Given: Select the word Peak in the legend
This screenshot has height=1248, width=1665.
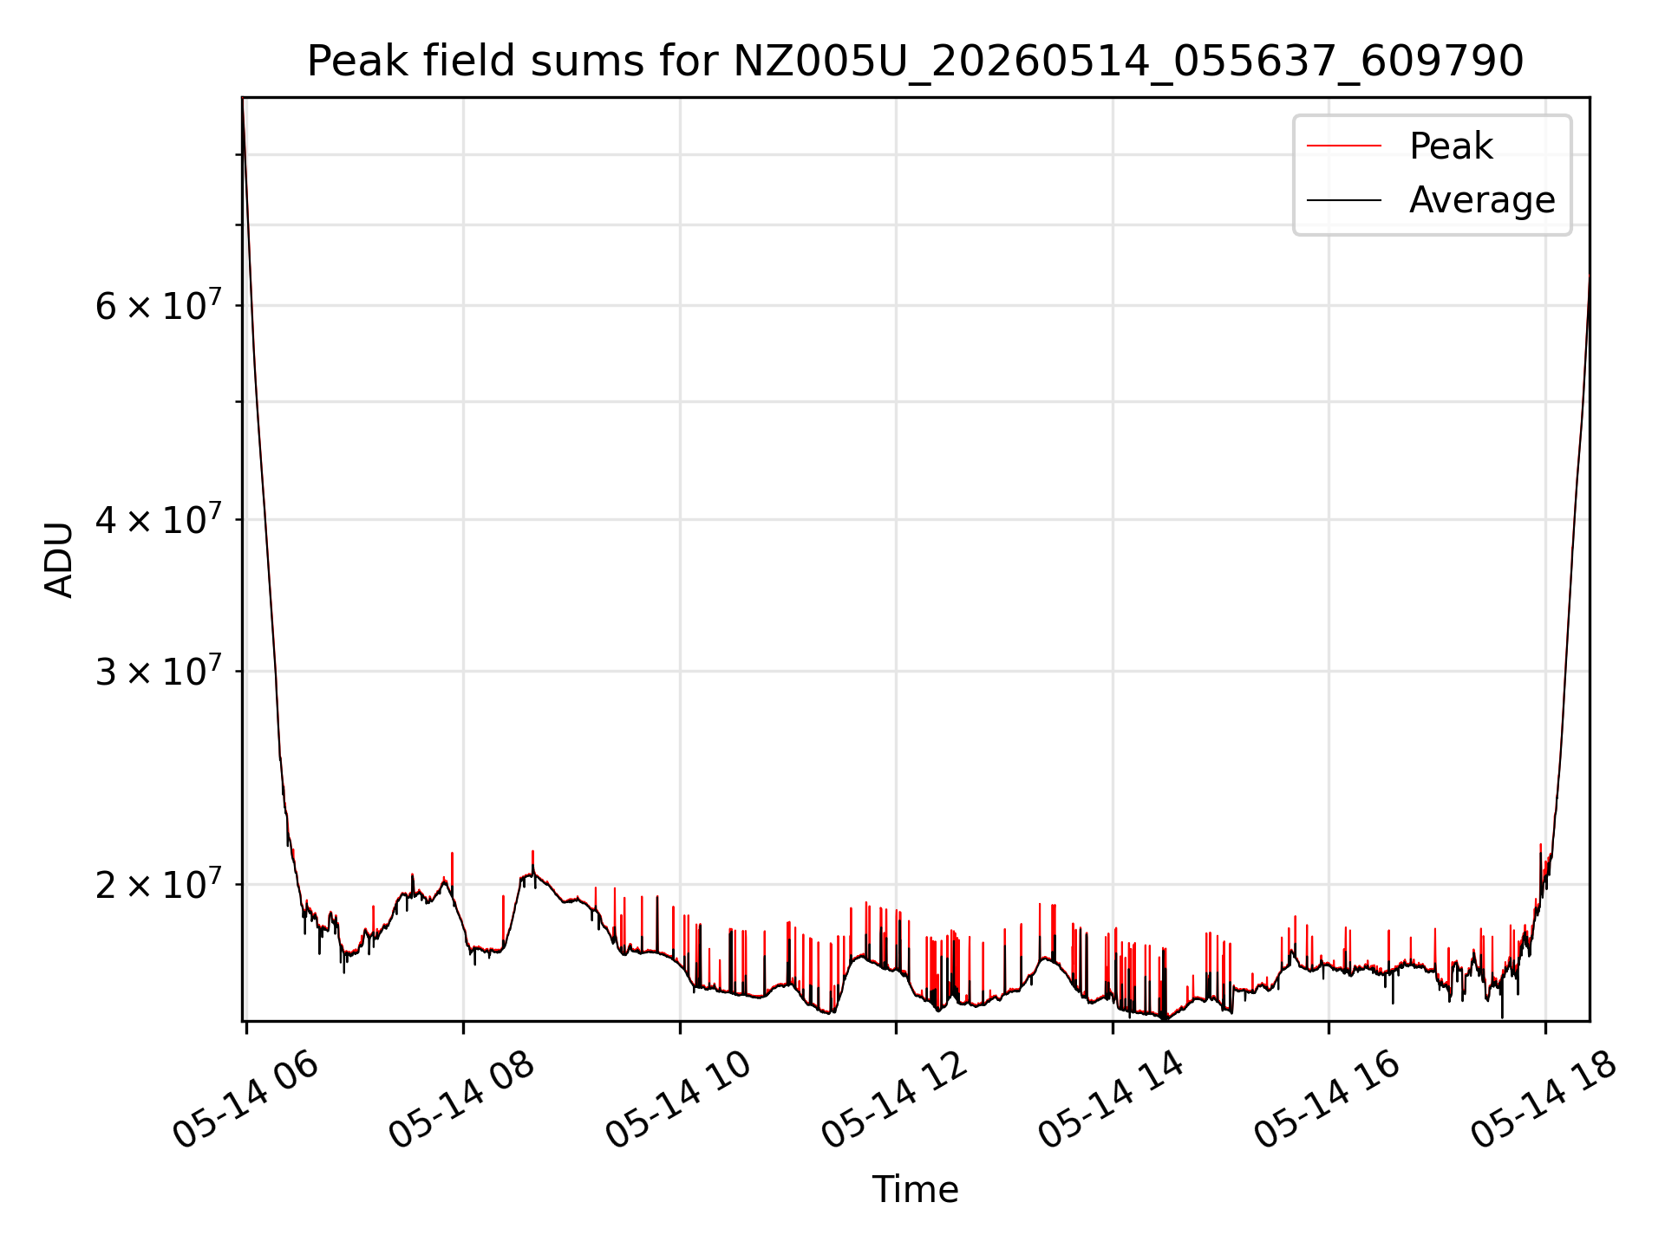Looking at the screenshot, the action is click(x=1451, y=146).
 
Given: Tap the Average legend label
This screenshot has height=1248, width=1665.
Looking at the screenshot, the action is click(x=1482, y=200).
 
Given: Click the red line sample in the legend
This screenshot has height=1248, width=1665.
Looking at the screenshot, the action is click(x=1344, y=146).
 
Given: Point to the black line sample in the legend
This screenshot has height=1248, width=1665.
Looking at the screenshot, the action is click(x=1344, y=200).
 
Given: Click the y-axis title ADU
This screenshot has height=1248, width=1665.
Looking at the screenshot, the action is click(x=59, y=560).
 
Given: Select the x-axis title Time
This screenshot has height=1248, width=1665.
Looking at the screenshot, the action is click(x=915, y=1189).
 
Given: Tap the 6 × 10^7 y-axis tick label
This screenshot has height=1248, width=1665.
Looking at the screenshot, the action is click(x=159, y=305).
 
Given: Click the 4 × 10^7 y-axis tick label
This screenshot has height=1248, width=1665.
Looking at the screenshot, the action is click(x=159, y=519).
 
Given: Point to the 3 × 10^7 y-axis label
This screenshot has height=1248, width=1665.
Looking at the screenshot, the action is click(x=159, y=671).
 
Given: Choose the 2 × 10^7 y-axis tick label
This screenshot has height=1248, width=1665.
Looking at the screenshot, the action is click(x=159, y=884).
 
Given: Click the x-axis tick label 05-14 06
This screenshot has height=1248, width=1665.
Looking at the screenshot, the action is click(x=246, y=1099).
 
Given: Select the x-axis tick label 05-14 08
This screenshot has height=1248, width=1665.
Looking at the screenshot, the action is click(x=462, y=1099).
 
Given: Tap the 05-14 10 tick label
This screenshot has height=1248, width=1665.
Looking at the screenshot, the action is click(x=679, y=1099).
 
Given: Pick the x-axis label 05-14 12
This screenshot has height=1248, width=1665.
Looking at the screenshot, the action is click(x=895, y=1099).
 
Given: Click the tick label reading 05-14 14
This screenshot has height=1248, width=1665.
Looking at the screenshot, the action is click(x=1112, y=1099).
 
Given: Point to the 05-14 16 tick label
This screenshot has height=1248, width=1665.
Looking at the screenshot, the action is click(x=1328, y=1099).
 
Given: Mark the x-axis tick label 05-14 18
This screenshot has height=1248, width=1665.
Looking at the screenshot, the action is click(x=1544, y=1099).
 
